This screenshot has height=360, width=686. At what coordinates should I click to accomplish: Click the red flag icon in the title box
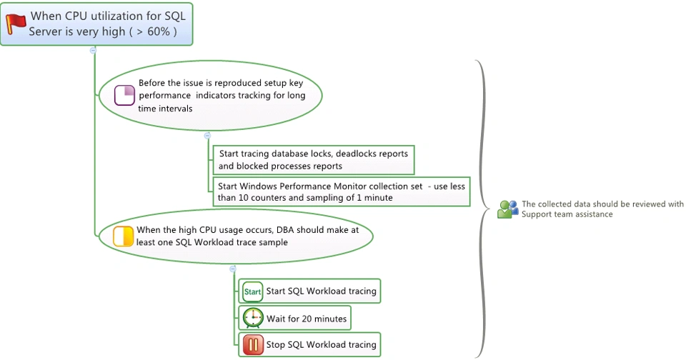16,24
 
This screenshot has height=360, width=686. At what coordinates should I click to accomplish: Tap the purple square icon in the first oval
125,95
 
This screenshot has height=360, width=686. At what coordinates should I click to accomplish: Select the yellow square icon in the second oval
124,236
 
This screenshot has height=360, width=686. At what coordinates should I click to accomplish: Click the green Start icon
252,291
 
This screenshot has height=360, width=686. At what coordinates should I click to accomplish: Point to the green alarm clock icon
252,318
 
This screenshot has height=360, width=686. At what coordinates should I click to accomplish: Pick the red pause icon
252,345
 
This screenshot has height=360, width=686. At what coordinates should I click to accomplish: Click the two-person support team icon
508,209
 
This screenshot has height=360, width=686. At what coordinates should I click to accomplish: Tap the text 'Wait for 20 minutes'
307,319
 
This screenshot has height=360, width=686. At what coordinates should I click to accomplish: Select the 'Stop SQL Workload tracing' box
309,345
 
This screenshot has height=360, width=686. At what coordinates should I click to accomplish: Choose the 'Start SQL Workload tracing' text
321,291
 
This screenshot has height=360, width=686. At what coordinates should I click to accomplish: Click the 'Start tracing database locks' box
313,160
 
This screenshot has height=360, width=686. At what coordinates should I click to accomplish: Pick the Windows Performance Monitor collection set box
342,191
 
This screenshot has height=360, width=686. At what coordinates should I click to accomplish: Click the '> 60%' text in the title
153,31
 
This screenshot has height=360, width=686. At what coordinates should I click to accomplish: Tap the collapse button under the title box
93,50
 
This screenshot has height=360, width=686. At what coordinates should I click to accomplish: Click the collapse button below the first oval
207,135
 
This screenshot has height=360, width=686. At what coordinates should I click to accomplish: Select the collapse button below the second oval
232,269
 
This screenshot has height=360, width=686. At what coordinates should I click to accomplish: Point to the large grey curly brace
486,208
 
